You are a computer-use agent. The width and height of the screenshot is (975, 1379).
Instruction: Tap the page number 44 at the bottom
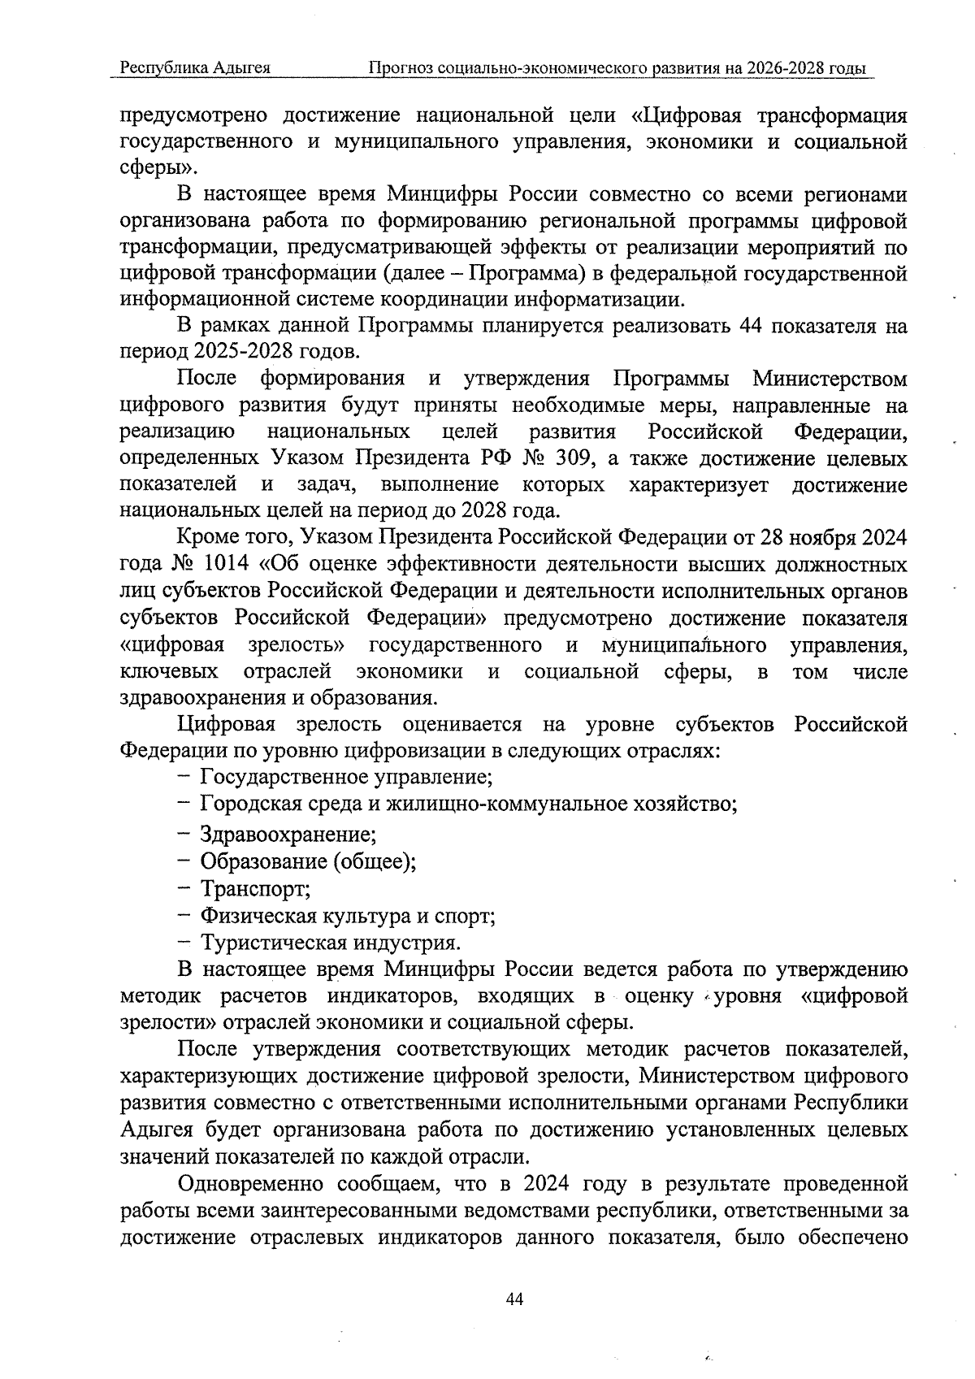pos(514,1299)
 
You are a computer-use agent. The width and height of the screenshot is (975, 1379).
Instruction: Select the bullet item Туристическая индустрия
pos(331,943)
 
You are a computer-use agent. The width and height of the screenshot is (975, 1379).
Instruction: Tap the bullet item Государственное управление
pos(346,777)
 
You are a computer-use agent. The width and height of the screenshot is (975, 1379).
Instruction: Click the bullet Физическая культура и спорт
pos(348,916)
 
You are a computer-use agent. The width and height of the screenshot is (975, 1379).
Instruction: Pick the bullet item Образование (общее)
pos(308,861)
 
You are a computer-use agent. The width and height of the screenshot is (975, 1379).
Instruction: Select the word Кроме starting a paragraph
pos(204,538)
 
